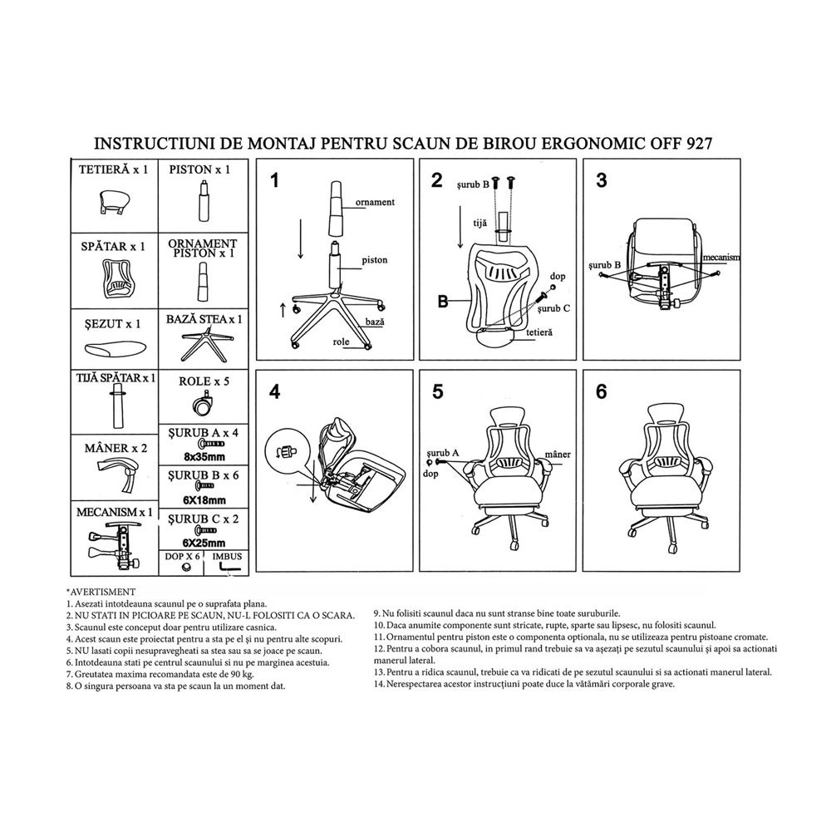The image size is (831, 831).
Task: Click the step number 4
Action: click(x=274, y=392)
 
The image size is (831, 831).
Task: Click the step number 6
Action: click(x=601, y=392)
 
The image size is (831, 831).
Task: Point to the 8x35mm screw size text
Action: click(x=204, y=457)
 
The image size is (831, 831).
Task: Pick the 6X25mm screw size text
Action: click(x=204, y=543)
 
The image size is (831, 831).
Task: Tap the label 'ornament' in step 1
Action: click(x=375, y=202)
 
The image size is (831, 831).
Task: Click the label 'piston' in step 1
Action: click(x=374, y=260)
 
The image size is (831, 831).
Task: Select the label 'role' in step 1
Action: click(x=341, y=342)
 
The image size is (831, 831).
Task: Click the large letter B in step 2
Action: click(x=443, y=302)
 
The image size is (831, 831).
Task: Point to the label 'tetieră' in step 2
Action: click(x=539, y=332)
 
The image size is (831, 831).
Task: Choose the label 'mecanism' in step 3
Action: click(x=721, y=257)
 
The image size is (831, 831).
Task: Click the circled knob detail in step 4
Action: click(x=286, y=451)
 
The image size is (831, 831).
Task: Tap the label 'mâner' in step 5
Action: click(x=558, y=455)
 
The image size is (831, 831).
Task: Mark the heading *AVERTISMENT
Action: click(x=101, y=592)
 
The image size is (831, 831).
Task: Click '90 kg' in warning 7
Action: click(x=243, y=674)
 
